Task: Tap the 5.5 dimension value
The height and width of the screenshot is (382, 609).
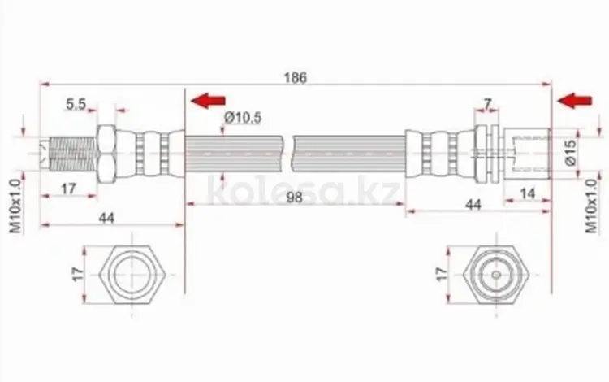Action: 76,104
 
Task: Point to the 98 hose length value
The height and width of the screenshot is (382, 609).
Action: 294,198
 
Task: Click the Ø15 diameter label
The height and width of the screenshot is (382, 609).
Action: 571,153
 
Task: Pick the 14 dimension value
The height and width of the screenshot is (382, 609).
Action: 527,193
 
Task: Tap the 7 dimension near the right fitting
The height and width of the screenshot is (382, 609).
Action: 487,104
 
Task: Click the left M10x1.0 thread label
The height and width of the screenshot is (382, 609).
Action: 15,206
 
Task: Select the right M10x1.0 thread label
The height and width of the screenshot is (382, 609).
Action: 591,206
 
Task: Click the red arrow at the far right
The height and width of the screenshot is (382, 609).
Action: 574,101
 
